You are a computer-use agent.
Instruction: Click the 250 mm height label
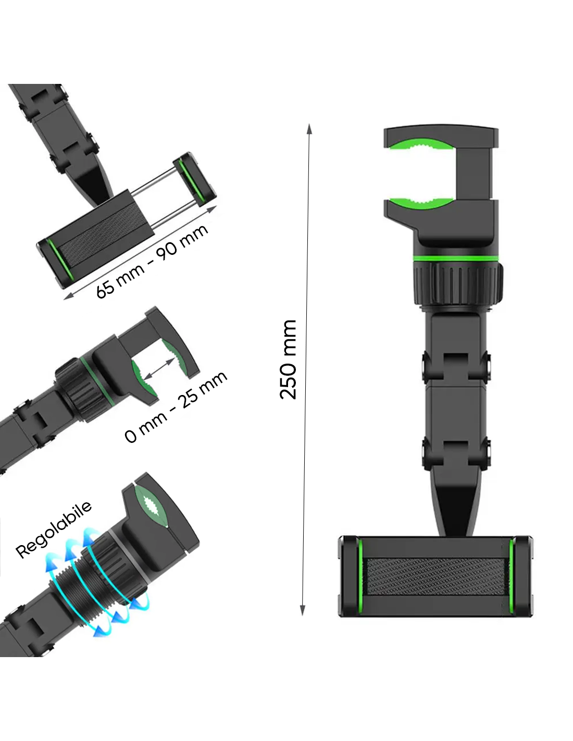pos(288,359)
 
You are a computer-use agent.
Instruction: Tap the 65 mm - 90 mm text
pos(152,261)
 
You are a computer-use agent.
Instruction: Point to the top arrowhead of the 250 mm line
pos(309,129)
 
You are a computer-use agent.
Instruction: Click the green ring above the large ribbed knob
pos(454,258)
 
